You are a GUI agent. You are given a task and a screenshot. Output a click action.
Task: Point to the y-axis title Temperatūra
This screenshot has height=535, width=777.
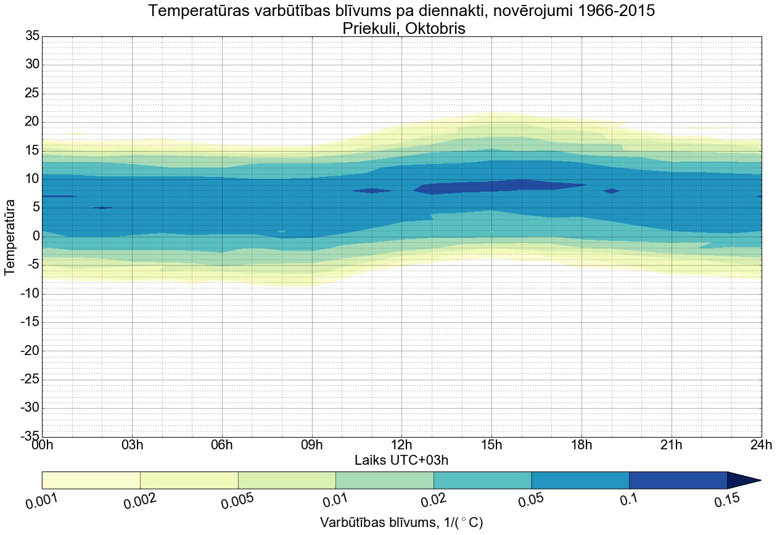coord(10,237)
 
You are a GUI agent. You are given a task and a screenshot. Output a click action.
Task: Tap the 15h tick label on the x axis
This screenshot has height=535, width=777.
coord(491,445)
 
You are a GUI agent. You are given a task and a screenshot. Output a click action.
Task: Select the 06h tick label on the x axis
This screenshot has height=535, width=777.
coord(221,445)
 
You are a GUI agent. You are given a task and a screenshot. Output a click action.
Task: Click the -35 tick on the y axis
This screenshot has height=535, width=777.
coord(30,436)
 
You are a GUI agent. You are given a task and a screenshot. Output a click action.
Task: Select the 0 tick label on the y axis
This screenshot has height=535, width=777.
coord(36,236)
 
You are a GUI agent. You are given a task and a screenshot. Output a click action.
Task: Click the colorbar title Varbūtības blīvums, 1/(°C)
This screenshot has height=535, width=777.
coord(401,523)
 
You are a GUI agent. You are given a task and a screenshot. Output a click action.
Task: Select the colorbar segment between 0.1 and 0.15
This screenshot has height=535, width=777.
coord(678,480)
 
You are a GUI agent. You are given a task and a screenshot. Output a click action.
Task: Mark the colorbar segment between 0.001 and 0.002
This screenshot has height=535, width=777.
coord(91,480)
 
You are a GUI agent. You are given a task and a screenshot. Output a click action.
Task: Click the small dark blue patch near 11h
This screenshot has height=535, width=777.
coord(372,190)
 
